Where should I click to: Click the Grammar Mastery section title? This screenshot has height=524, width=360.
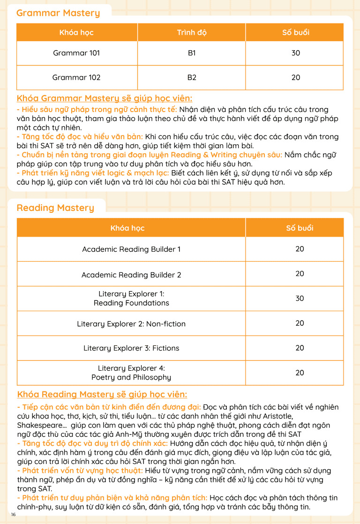tap(58, 13)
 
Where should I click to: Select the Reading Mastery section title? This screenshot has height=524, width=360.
tap(55, 208)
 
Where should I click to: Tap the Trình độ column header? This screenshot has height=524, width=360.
tap(192, 32)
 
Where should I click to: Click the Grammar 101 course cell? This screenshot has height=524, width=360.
tap(76, 53)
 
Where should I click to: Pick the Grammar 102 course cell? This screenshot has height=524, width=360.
tap(76, 77)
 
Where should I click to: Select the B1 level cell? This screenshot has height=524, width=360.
tap(192, 53)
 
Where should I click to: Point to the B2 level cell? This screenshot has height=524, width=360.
tap(192, 77)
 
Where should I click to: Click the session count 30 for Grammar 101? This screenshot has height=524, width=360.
tap(296, 53)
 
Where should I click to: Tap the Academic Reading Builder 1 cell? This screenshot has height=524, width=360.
tap(131, 249)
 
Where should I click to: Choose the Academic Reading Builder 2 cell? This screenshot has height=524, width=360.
tap(131, 275)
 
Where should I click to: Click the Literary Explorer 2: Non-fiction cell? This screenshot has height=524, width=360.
tap(131, 324)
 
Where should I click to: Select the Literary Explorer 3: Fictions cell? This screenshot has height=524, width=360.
tap(131, 348)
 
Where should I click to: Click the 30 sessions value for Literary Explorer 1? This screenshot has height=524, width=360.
tap(300, 299)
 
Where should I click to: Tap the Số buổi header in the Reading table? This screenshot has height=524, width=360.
tap(300, 228)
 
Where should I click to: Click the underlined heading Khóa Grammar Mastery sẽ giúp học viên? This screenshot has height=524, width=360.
tap(105, 98)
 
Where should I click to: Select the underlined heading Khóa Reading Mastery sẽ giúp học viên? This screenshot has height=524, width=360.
tap(102, 394)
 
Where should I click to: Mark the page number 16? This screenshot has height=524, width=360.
tap(13, 515)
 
